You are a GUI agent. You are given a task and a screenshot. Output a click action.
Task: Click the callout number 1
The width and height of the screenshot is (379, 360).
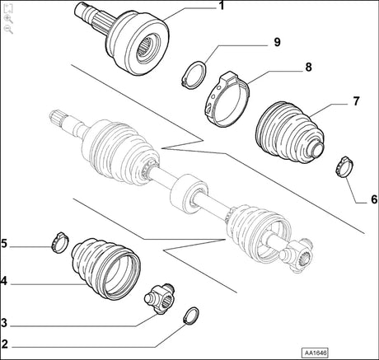(221, 7)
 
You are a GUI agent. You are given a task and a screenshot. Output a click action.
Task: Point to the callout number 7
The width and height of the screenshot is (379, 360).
(357, 101)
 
